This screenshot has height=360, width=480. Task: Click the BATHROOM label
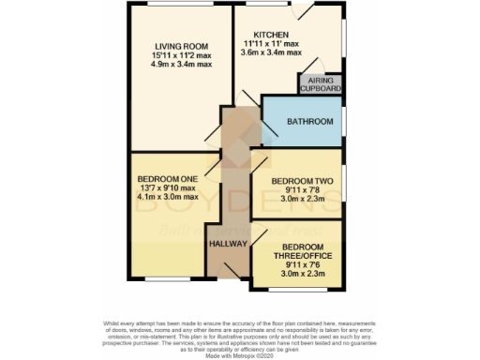[x=310, y=122]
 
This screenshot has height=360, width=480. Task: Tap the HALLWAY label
[x=228, y=244]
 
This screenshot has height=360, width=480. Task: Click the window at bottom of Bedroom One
[x=169, y=278]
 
